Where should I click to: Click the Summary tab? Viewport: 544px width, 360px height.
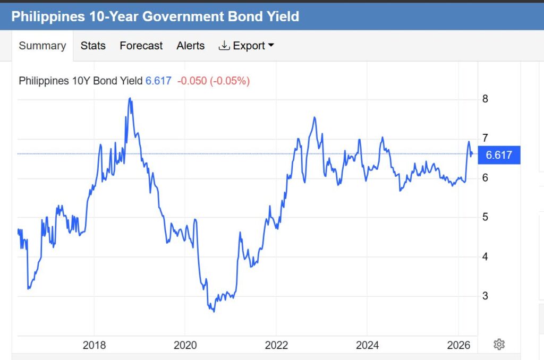[42, 46]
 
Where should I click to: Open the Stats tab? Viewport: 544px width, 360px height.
[93, 46]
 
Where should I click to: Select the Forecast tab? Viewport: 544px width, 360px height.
[141, 46]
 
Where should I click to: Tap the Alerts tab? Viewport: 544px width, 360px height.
[190, 46]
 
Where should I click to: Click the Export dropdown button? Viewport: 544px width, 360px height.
[246, 46]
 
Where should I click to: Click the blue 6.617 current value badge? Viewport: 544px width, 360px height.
[499, 155]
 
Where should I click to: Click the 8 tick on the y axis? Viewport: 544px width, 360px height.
[485, 99]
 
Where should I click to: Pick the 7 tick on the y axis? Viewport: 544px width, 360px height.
[485, 138]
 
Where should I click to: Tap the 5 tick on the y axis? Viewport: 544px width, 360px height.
[485, 217]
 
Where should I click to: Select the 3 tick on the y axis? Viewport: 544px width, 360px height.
[485, 296]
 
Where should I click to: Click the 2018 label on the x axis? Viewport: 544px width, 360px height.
[94, 346]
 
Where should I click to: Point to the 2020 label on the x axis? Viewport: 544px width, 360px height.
[185, 346]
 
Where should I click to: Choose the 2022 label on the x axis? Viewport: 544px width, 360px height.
[276, 346]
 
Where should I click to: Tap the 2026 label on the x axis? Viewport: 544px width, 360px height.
[458, 346]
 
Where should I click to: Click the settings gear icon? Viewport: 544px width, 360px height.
[499, 345]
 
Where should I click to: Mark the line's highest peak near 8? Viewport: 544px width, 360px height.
[130, 98]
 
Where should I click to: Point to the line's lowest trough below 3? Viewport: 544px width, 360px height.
[214, 311]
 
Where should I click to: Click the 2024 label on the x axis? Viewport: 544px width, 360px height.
[368, 346]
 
